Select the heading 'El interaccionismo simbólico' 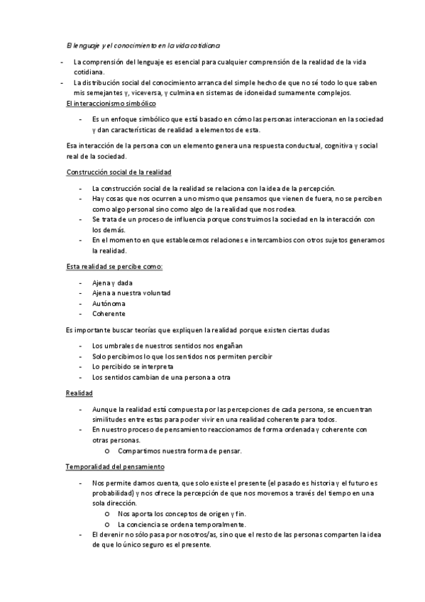(110, 104)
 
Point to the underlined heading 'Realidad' (79, 393)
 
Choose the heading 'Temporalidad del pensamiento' (115, 467)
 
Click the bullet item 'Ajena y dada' (113, 283)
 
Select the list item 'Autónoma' (109, 303)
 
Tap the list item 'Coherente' (109, 313)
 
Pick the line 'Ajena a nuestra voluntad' (131, 292)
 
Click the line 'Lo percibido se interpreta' (133, 366)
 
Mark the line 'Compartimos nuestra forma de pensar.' (180, 451)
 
